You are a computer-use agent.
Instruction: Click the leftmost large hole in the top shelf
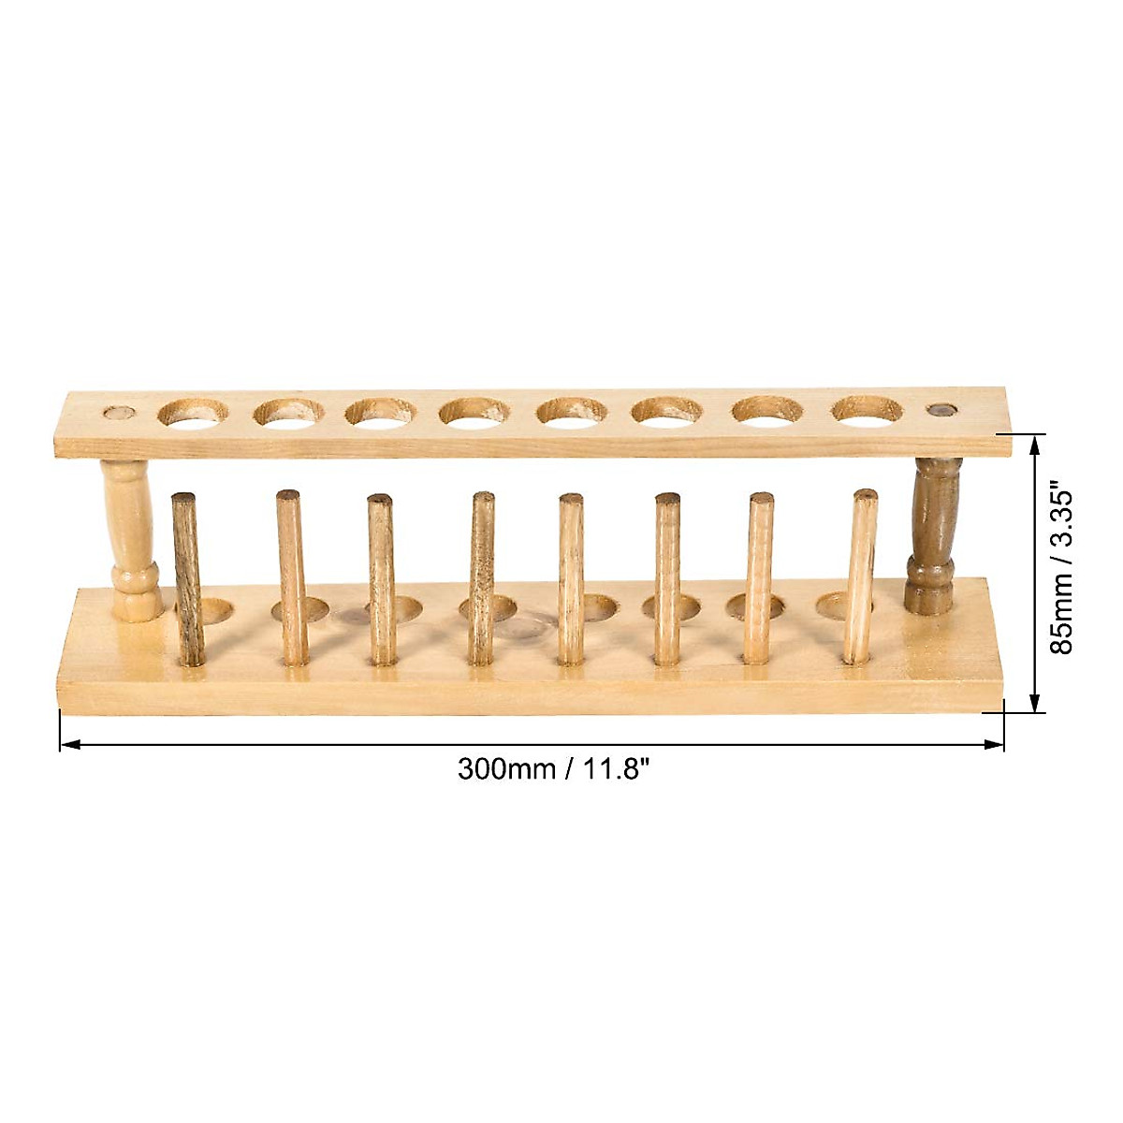pyautogui.click(x=192, y=412)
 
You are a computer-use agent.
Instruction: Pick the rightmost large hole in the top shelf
pyautogui.click(x=867, y=410)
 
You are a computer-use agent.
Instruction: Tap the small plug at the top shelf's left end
pyautogui.click(x=117, y=412)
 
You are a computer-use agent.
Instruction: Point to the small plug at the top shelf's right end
pyautogui.click(x=941, y=410)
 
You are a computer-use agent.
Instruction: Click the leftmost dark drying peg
pyautogui.click(x=187, y=580)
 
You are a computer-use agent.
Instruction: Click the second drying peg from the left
pyautogui.click(x=291, y=577)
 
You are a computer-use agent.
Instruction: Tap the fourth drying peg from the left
pyautogui.click(x=482, y=577)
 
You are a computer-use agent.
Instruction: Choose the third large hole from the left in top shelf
pyautogui.click(x=379, y=412)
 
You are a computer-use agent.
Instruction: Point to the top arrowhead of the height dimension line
pyautogui.click(x=1035, y=442)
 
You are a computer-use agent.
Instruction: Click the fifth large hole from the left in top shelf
pyautogui.click(x=572, y=411)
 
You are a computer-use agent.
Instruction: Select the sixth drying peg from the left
pyautogui.click(x=667, y=577)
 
